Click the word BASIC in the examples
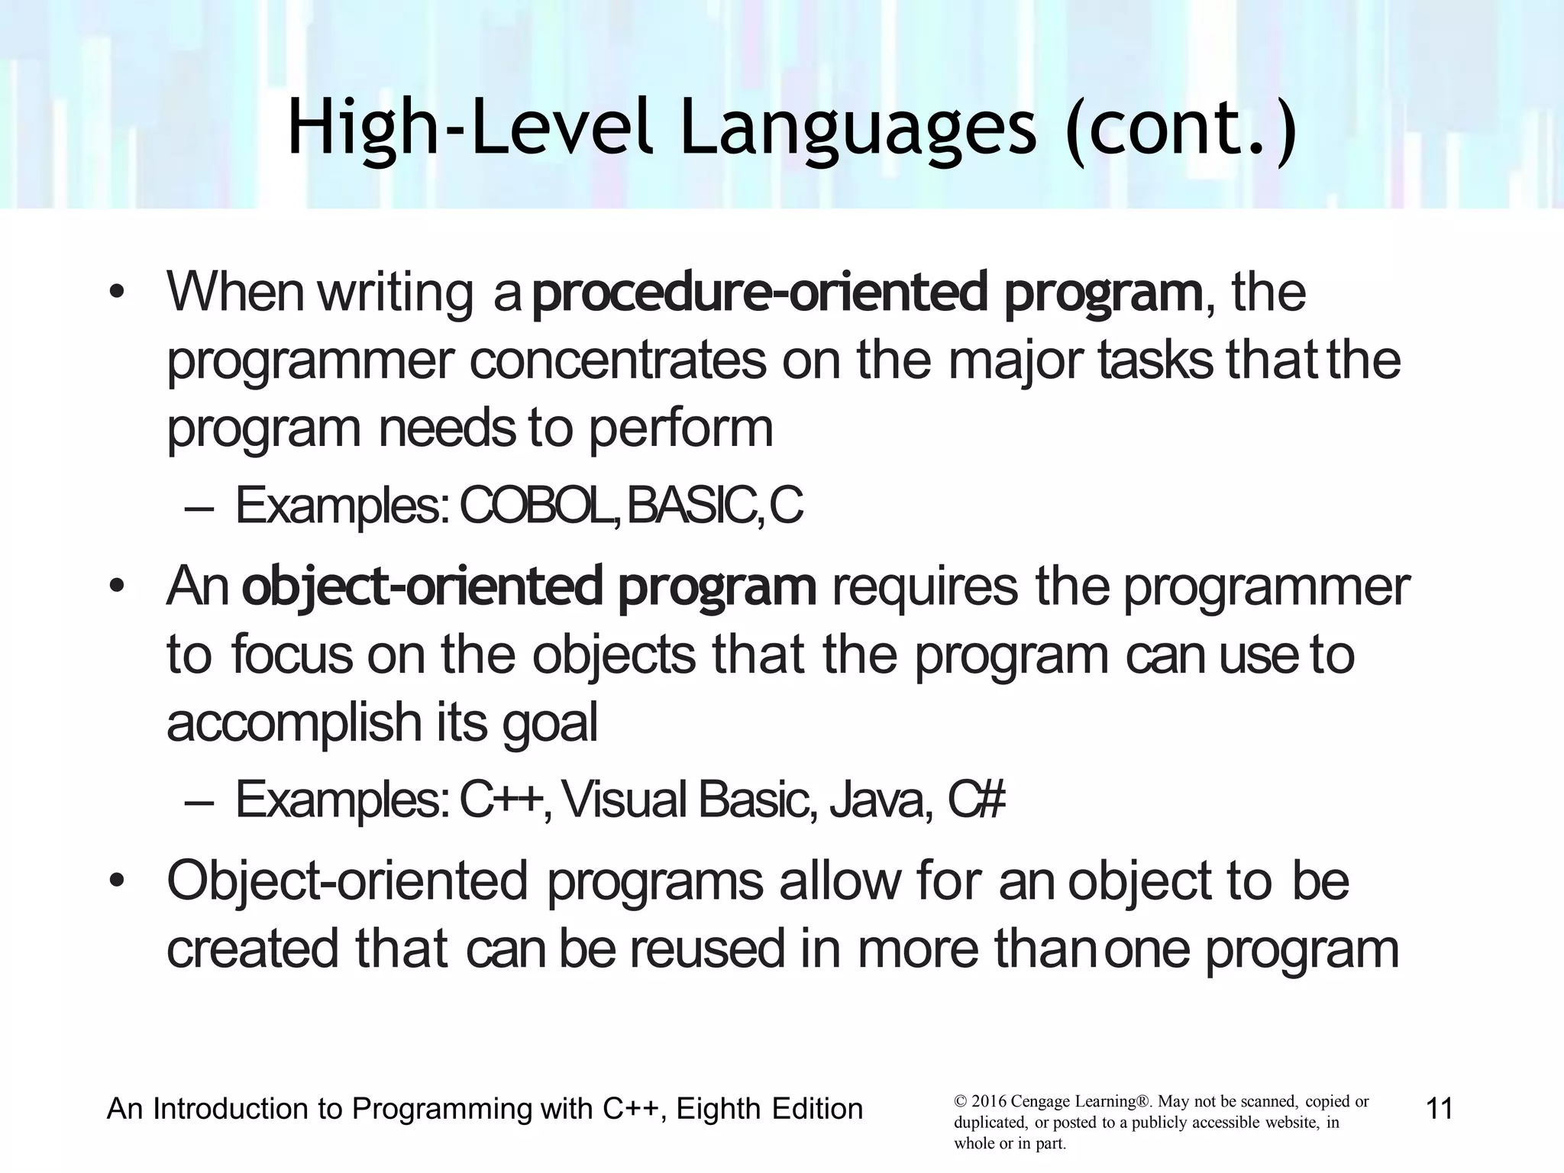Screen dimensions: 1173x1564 pos(690,506)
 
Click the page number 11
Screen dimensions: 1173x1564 pos(1439,1108)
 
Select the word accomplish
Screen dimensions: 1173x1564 pos(294,723)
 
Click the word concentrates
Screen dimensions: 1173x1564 pos(617,360)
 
